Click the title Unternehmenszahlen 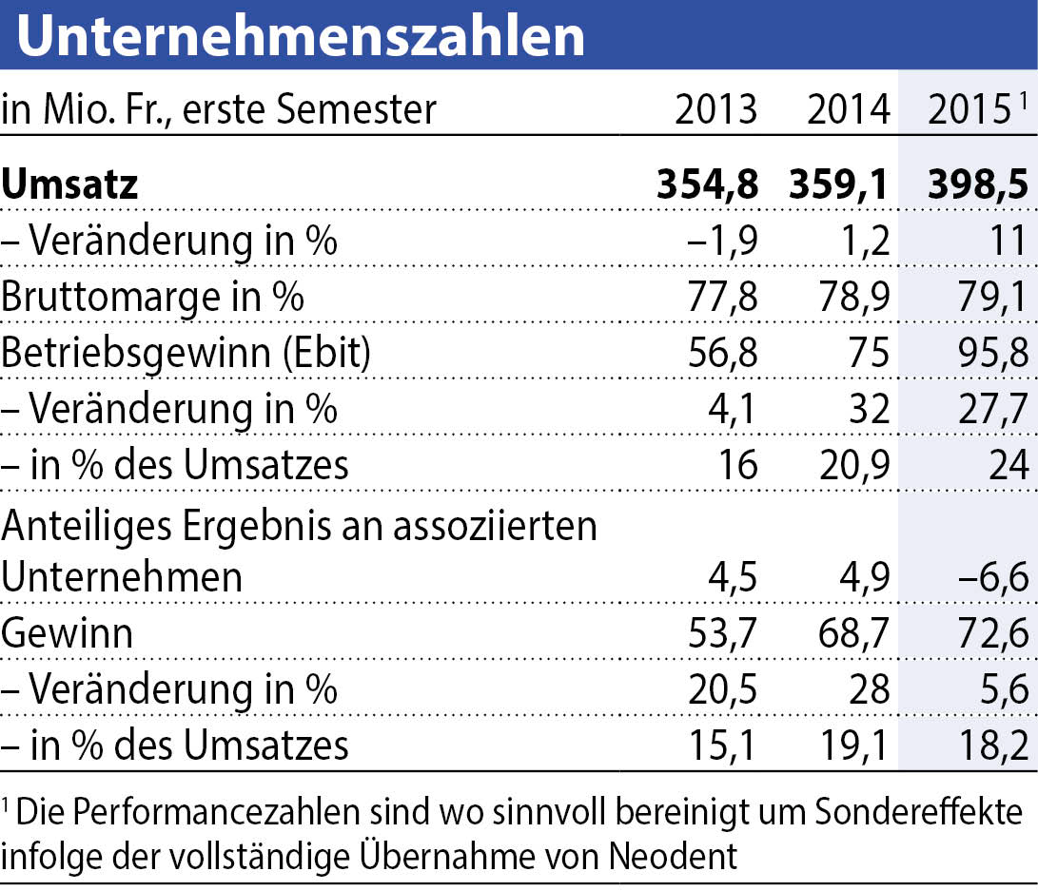tap(301, 35)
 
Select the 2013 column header tap(715, 110)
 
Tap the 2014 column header tap(848, 110)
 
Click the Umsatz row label tap(69, 184)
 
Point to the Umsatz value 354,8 tap(707, 184)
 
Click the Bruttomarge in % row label tap(153, 297)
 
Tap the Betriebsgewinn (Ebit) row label tap(186, 353)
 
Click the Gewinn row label tap(67, 633)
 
